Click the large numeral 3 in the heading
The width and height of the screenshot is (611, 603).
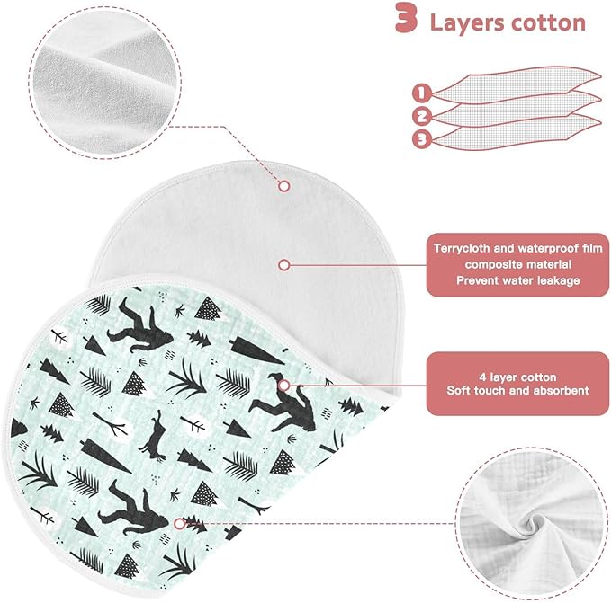[x=406, y=18]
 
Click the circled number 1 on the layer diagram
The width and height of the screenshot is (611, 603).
[x=422, y=93]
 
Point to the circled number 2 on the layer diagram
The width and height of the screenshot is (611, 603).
[x=422, y=116]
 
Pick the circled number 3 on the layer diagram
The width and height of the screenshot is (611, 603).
[x=422, y=138]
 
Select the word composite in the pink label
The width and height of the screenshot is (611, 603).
[x=490, y=265]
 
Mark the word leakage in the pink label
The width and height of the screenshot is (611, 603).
[x=559, y=280]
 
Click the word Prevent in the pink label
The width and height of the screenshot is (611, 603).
[x=476, y=280]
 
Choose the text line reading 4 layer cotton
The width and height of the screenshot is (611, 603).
[x=517, y=377]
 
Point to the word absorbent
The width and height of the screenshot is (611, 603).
[x=562, y=391]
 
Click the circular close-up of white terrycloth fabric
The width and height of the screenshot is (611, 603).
[x=104, y=83]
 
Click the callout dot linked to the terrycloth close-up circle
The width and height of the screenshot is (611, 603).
[x=284, y=186]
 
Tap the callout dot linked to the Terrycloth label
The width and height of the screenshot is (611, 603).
[x=284, y=265]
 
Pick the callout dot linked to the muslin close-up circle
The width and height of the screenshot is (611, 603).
[x=179, y=524]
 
